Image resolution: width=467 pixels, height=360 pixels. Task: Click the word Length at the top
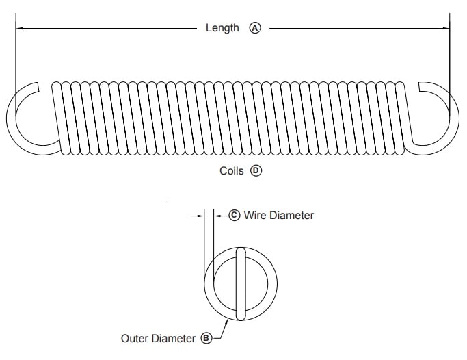[x=222, y=28]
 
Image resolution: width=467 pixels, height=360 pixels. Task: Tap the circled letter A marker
[x=255, y=28]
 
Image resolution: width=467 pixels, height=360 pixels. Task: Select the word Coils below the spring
[x=231, y=171]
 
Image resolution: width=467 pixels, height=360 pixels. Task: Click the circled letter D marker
[x=256, y=171]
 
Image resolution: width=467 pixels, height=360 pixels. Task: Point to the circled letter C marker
[x=234, y=215]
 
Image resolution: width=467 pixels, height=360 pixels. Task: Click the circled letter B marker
[x=206, y=338]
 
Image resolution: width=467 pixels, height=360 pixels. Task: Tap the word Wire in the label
[x=256, y=215]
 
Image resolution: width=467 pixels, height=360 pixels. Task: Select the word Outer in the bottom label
[x=135, y=338]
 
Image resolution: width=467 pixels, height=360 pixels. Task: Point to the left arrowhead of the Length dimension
[x=19, y=28]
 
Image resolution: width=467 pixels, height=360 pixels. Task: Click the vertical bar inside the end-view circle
[x=240, y=284]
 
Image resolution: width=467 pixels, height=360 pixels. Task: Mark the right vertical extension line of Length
[x=450, y=55]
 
